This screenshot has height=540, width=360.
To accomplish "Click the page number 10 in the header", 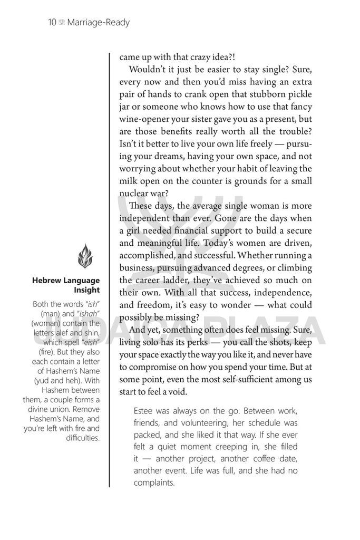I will [x=52, y=23].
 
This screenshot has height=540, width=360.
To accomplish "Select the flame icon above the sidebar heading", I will [x=84, y=257].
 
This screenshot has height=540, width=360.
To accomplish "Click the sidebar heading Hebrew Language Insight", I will [x=66, y=285].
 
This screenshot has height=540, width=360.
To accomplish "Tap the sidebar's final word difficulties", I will [x=83, y=437].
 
